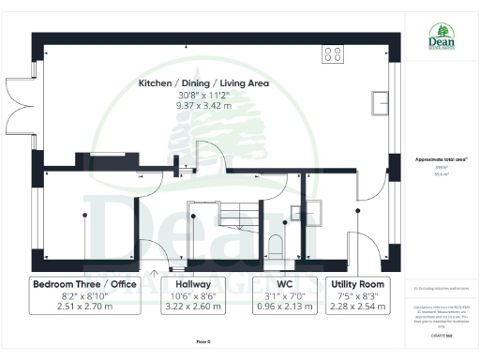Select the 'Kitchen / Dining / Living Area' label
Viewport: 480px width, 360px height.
tap(203, 83)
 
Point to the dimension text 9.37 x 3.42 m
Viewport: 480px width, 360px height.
tap(203, 106)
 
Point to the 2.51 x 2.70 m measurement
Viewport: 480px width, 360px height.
tap(83, 307)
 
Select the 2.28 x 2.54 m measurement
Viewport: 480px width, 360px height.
tap(357, 307)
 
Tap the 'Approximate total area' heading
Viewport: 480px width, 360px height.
tap(440, 159)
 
